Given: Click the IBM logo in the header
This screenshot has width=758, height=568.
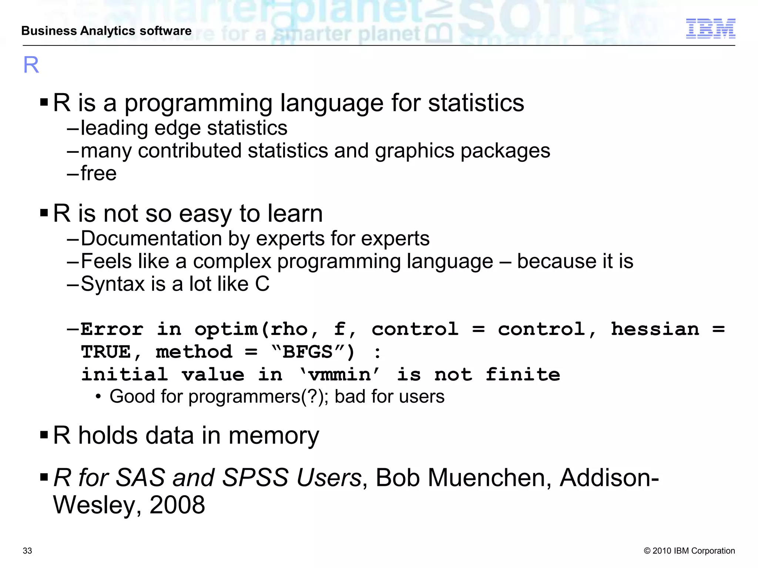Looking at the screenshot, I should (710, 28).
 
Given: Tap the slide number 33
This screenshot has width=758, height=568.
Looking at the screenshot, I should (27, 551).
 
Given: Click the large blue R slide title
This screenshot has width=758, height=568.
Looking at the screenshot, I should (31, 65).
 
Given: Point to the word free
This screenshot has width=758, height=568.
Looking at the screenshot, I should (98, 173).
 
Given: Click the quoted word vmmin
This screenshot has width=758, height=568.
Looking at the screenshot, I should (339, 375).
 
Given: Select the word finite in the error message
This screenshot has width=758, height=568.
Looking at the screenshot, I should (523, 375).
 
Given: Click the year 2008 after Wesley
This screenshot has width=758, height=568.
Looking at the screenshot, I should (177, 505).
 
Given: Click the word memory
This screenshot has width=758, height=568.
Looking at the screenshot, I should (274, 436).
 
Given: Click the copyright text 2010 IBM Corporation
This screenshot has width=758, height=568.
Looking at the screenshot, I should (689, 551).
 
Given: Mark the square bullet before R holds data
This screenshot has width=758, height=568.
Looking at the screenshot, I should (44, 435).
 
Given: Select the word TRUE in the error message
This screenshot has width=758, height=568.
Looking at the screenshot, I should (106, 352).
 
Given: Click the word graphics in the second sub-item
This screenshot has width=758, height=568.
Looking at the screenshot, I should (415, 151).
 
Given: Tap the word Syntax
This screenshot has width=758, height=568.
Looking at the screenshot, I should (113, 284).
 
